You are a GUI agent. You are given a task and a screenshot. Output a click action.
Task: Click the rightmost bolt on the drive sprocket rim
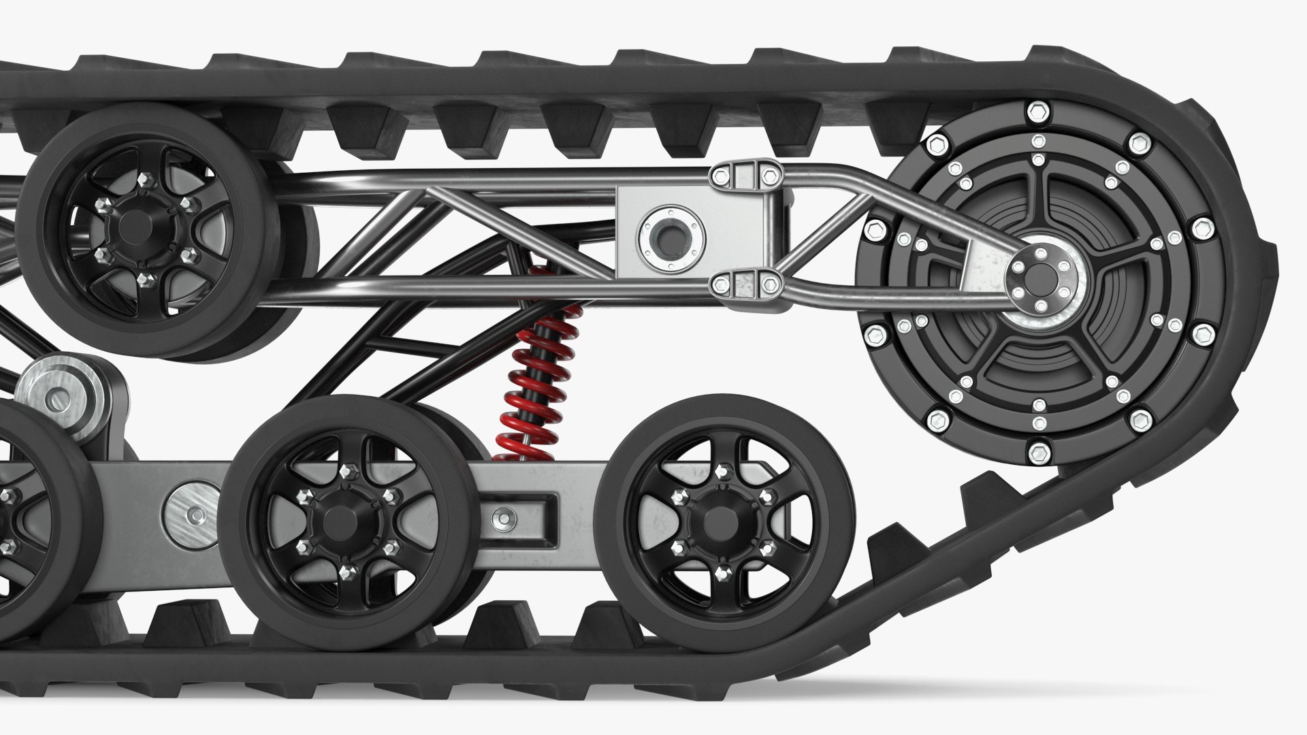1202,228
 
